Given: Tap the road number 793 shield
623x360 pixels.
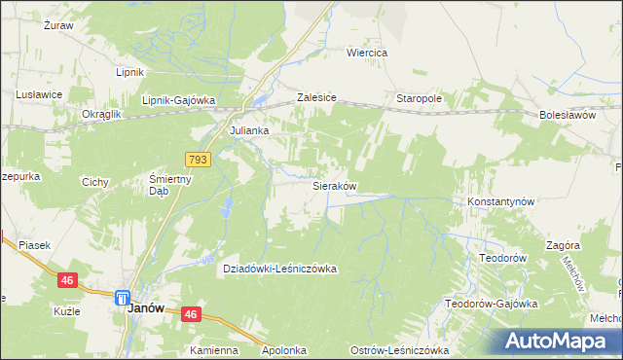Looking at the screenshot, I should click(x=198, y=158).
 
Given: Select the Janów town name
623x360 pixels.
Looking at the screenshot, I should click(x=146, y=307).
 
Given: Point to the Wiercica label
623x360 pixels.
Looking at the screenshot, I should click(x=368, y=53).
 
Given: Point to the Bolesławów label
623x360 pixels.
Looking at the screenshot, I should click(x=567, y=115).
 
